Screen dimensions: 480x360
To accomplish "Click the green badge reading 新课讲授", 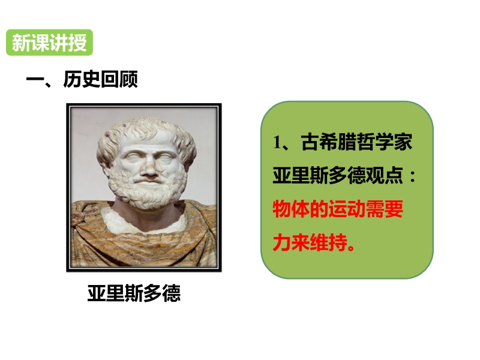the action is click(x=49, y=43).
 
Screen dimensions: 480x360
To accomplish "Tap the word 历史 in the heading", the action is click(x=82, y=79).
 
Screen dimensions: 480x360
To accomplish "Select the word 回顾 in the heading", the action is click(x=119, y=79).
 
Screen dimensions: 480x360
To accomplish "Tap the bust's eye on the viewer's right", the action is click(x=164, y=158).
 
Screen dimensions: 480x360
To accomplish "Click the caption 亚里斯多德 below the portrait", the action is click(x=134, y=293).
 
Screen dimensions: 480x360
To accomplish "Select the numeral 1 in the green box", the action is click(x=277, y=142).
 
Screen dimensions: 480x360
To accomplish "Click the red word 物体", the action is click(x=291, y=209).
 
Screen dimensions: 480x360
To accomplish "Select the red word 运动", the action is click(x=347, y=209).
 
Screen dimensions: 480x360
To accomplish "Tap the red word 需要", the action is click(x=385, y=209).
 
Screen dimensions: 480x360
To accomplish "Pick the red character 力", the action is click(x=281, y=243).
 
